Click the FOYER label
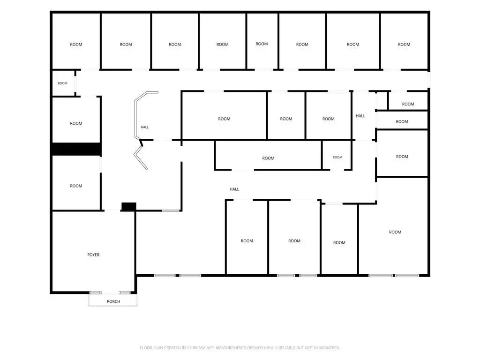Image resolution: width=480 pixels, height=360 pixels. point(93,255)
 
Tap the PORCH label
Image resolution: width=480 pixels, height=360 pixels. point(113,301)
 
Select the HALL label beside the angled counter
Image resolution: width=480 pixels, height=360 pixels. point(145,127)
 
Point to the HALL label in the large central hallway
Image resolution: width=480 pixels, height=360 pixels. point(234,189)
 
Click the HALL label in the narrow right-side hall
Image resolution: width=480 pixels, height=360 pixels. point(360,116)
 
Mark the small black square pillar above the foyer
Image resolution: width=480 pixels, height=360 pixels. point(129,207)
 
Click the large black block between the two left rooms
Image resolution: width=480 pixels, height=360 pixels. point(76,149)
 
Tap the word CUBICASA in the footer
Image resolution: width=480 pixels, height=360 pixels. point(196,348)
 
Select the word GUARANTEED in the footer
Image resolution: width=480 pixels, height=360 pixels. point(328,348)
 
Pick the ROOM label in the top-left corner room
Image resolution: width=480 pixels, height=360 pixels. point(76,45)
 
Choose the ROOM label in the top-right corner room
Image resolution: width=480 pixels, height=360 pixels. point(404,45)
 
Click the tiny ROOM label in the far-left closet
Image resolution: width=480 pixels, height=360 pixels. point(62,83)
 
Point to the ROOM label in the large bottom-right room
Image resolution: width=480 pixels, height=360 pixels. point(395,232)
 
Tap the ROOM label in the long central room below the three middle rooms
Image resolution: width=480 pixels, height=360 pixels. point(268,158)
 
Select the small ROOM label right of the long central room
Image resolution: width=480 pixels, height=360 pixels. point(337,157)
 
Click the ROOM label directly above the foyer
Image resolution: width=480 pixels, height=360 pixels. point(76,186)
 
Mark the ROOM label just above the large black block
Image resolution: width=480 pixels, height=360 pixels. point(76,123)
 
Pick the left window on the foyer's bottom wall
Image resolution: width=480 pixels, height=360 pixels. point(96,292)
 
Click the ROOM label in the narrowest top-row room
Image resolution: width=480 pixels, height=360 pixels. point(262,44)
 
